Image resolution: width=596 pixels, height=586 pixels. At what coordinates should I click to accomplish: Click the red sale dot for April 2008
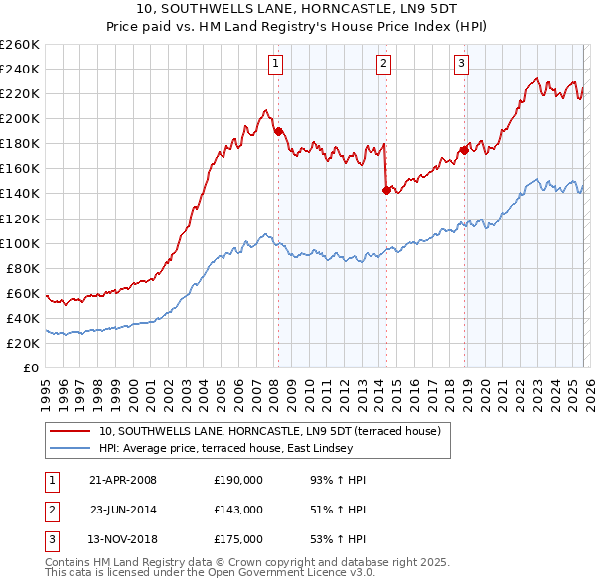click(x=278, y=131)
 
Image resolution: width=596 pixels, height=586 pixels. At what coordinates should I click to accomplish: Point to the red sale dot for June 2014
click(x=386, y=190)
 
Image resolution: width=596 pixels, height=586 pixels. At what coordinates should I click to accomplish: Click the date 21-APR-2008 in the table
click(x=123, y=480)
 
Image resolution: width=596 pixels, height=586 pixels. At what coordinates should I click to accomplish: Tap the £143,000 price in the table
click(x=238, y=510)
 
